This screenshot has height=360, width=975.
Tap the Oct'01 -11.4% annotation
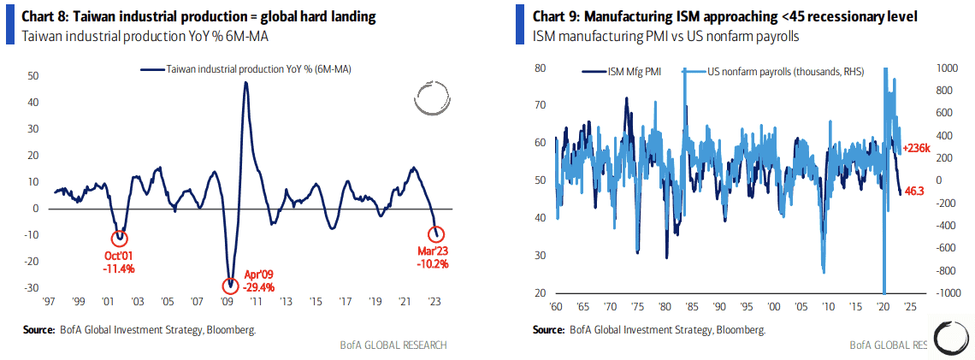(x=120, y=263)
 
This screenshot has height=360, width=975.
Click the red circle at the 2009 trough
(x=229, y=286)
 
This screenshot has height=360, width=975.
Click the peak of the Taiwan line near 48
(x=245, y=83)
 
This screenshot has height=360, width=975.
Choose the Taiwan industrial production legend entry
(x=248, y=70)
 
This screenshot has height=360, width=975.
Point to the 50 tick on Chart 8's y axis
(x=33, y=76)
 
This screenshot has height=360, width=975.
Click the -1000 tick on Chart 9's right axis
(x=925, y=292)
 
